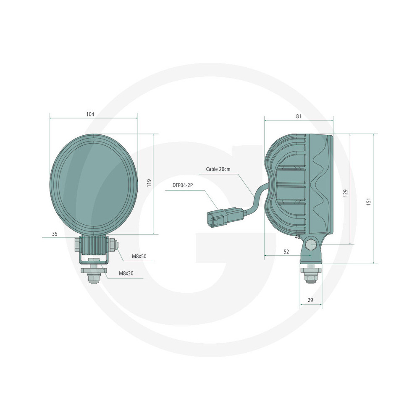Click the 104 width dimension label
[x=90, y=114]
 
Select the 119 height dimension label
[x=150, y=183]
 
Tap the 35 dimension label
[x=55, y=234]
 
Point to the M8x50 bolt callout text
[x=139, y=256]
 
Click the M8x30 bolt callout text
[x=126, y=273]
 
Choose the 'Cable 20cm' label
[x=218, y=169]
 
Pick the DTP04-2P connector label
[x=183, y=185]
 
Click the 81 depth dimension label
[x=299, y=116]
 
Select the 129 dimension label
[x=346, y=193]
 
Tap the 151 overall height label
[x=369, y=202]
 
